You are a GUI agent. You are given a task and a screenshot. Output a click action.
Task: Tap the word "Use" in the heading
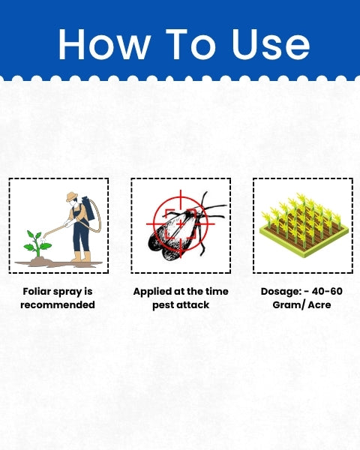[271, 44]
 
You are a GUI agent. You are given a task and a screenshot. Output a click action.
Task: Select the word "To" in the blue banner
[190, 44]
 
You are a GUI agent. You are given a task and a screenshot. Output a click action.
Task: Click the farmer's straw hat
[72, 196]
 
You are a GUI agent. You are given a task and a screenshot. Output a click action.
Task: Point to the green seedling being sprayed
[37, 244]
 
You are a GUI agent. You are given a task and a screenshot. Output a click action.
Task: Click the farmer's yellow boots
[81, 256]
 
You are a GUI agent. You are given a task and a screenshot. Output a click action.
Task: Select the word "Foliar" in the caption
[37, 291]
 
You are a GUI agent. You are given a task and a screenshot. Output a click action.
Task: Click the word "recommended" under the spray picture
[58, 304]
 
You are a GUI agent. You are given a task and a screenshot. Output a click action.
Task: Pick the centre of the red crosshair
[180, 223]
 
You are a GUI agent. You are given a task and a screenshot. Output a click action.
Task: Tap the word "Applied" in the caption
[152, 292]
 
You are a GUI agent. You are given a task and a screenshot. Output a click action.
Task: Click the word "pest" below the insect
[163, 305]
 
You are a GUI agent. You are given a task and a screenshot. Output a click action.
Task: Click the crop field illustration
[304, 225]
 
